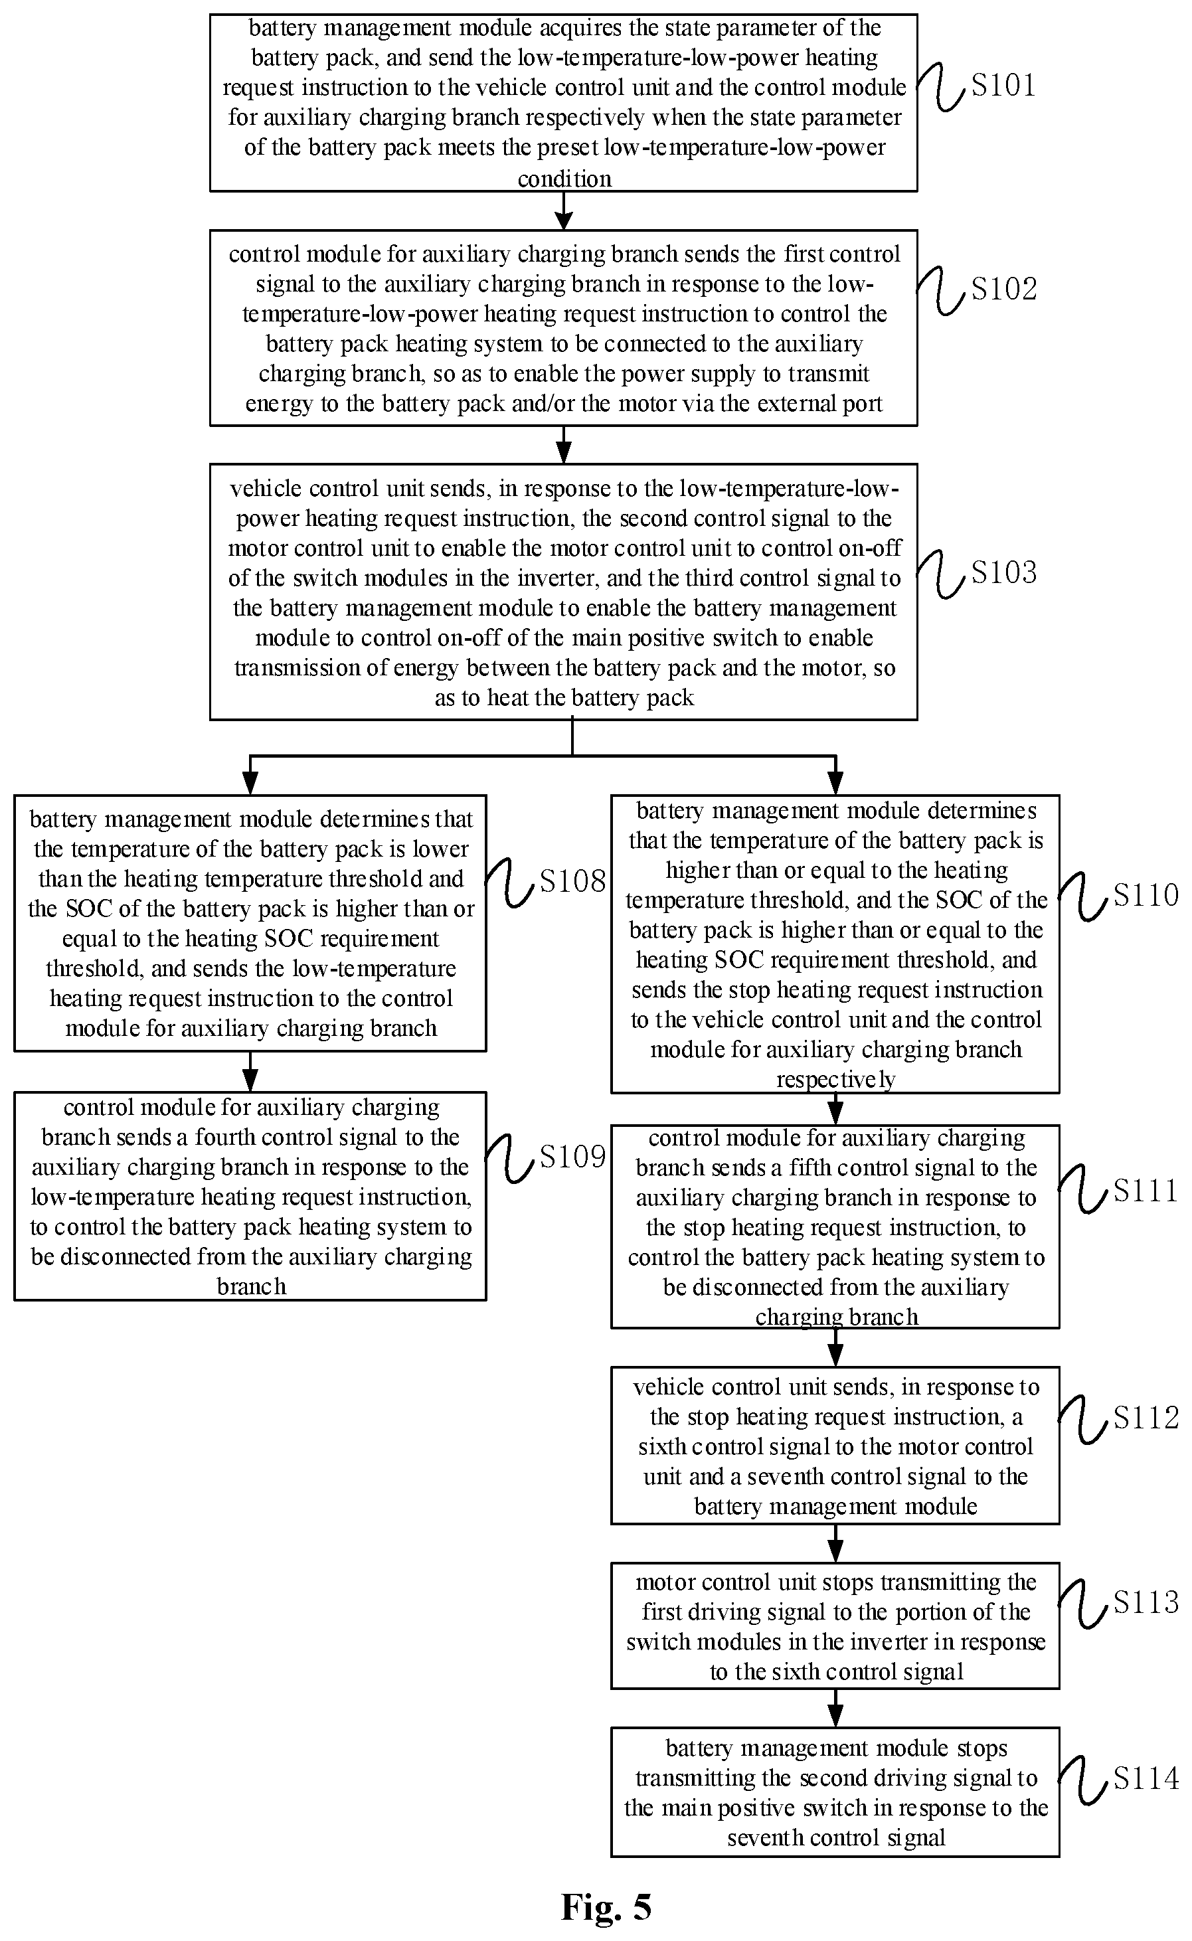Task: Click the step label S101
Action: [1003, 84]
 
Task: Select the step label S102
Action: [1003, 289]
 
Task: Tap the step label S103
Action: [1003, 572]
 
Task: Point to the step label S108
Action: [572, 881]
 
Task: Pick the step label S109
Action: [572, 1157]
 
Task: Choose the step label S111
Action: [1146, 1191]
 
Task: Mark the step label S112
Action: [1146, 1418]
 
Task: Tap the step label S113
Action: [1146, 1602]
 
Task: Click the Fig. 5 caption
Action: [606, 1907]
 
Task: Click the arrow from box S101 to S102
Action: [564, 211]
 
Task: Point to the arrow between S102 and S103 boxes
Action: [564, 445]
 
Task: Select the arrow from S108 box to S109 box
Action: [250, 1071]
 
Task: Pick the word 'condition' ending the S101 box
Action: [564, 179]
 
